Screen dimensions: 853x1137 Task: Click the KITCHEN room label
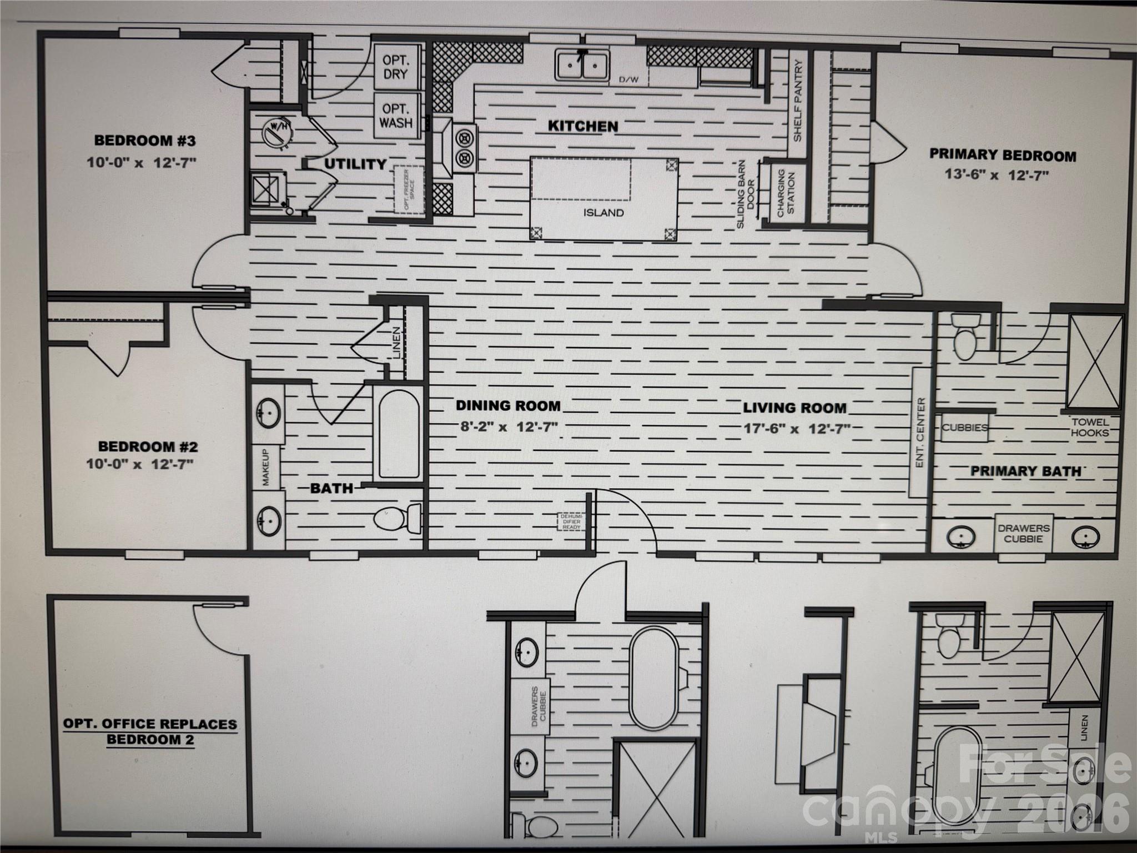point(582,127)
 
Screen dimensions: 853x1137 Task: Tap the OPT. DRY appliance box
point(395,67)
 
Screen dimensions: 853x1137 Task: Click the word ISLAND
point(603,213)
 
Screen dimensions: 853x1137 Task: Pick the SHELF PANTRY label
point(798,101)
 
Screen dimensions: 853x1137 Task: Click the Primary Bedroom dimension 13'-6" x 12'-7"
point(997,175)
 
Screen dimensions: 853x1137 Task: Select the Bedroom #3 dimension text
point(142,163)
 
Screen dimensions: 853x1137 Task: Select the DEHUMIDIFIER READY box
point(571,521)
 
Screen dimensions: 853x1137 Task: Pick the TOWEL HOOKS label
point(1089,428)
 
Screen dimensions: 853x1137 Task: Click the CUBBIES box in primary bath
point(964,428)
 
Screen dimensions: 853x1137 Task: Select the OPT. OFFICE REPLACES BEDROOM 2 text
point(150,732)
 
